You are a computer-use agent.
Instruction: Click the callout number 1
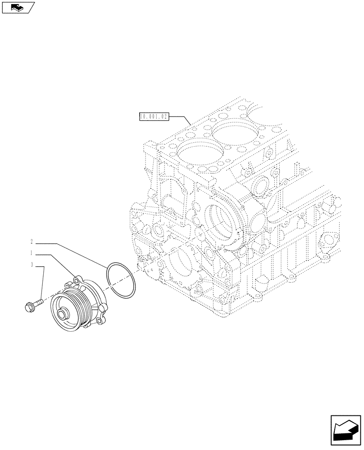point(32,253)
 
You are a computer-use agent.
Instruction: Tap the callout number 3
point(32,265)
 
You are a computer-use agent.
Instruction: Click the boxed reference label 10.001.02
point(154,117)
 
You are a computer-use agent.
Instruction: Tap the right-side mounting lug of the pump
point(104,307)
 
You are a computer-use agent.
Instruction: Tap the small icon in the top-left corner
point(18,7)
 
